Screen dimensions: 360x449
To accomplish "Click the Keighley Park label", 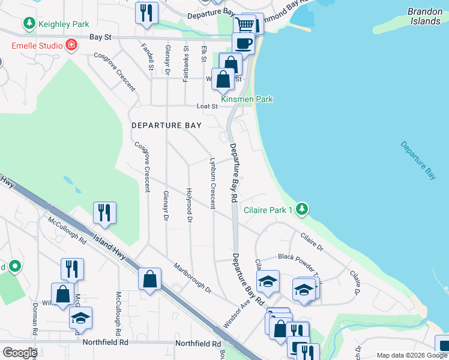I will coord(64,24).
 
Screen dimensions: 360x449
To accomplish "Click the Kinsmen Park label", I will coord(247,99).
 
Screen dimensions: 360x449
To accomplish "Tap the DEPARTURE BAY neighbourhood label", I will coord(167,125).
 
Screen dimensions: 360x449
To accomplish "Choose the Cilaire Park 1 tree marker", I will coord(303,209).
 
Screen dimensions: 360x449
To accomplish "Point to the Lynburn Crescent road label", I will coord(212,183).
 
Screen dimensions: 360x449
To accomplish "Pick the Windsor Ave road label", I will coord(236,312).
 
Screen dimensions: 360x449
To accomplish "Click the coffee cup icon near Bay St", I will coord(243,43).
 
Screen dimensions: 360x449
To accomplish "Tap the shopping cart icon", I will coord(244,25).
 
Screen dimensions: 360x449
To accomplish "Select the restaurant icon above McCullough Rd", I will coord(104,212).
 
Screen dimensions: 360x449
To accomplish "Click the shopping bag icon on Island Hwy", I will coord(149,279).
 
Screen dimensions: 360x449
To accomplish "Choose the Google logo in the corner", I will coord(20,353).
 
